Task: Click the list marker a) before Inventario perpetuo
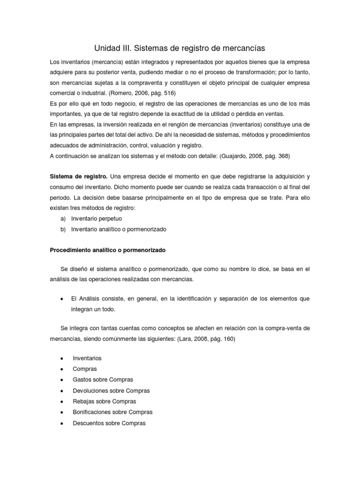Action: point(63,218)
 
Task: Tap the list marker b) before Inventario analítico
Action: point(63,229)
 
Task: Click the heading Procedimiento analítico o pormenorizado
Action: point(108,251)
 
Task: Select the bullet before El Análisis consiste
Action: point(62,299)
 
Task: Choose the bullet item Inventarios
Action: point(87,358)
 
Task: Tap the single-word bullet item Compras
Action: point(85,369)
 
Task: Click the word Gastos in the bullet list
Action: point(82,380)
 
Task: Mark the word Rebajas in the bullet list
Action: point(83,401)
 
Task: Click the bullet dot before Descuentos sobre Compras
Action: point(62,423)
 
